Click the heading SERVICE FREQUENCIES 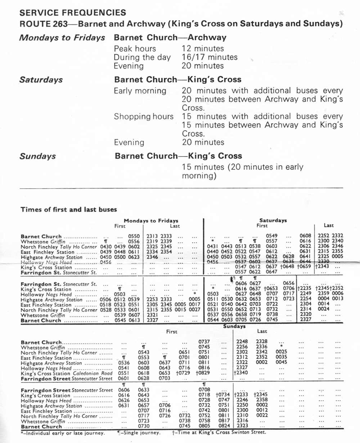[73, 13]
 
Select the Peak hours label [135, 49]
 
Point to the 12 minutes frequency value [203, 49]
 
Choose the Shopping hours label [144, 117]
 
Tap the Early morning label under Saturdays [140, 91]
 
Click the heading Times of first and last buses [69, 209]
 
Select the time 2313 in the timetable [152, 236]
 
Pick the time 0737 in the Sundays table [204, 342]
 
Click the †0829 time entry [203, 373]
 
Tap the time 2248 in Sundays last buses [242, 342]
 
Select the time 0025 [282, 352]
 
